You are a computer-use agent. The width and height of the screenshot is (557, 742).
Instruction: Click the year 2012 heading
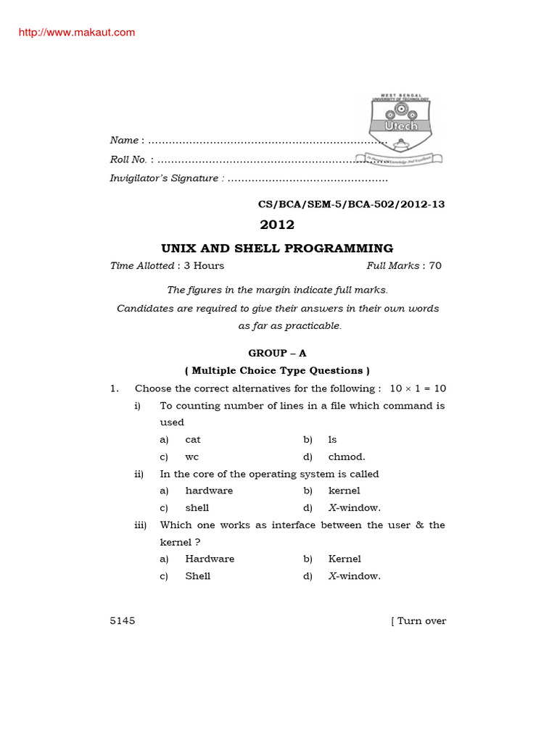[277, 225]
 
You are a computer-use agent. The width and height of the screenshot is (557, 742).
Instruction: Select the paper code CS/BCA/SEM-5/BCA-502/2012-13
[347, 204]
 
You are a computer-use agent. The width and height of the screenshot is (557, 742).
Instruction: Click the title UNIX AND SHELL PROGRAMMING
[277, 248]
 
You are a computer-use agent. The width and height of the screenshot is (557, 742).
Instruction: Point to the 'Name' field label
[124, 140]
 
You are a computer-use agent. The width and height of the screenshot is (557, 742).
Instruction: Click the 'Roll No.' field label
[128, 159]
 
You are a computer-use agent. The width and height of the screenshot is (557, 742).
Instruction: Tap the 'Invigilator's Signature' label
[164, 178]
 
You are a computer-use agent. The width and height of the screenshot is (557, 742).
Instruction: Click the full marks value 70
[435, 266]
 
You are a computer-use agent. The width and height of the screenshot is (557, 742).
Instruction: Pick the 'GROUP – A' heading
[277, 353]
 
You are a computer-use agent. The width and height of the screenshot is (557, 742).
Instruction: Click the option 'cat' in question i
[193, 440]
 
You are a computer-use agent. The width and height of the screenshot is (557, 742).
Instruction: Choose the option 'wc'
[191, 457]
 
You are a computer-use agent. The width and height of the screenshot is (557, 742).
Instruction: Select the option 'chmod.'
[347, 457]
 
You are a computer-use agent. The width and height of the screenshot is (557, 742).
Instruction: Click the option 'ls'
[333, 440]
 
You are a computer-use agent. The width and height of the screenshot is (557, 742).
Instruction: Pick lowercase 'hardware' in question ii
[209, 491]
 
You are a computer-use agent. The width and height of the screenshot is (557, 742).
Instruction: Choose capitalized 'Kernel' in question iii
[344, 559]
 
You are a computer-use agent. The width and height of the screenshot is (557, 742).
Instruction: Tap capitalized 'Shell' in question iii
[198, 576]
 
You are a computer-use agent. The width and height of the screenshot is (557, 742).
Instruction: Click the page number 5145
[123, 621]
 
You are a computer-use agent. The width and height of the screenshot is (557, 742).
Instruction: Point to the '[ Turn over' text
[418, 621]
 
